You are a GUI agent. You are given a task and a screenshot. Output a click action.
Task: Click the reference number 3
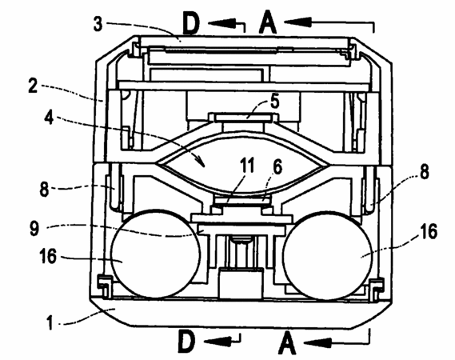(x=98, y=24)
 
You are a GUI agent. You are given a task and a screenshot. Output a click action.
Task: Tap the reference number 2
(x=33, y=86)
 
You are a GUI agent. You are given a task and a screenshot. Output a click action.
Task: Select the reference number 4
(x=49, y=118)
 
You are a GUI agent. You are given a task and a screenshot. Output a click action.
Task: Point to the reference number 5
(x=274, y=102)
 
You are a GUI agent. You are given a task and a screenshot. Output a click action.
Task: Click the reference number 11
(x=247, y=166)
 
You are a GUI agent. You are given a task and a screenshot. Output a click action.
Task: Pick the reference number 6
(x=277, y=167)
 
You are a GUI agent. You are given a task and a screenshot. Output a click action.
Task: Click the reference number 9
(x=34, y=229)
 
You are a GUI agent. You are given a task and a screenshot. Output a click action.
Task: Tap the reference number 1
(x=50, y=322)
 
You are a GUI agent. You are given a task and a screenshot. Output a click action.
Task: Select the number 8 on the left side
(x=44, y=190)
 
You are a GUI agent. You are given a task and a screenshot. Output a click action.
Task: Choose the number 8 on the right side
(x=425, y=172)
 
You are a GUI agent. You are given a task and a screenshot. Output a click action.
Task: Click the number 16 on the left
(x=48, y=257)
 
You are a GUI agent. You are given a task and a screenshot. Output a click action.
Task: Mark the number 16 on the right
(x=429, y=231)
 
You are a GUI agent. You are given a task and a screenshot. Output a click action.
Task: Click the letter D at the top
(x=191, y=24)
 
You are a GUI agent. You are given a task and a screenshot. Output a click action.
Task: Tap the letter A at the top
(x=268, y=22)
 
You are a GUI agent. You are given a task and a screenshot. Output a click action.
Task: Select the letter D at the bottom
(x=186, y=341)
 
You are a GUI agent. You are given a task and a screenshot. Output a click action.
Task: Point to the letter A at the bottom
(x=287, y=343)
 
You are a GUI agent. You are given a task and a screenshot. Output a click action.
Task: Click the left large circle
(x=156, y=254)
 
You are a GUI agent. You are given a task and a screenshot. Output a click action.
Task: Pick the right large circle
(x=327, y=255)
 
